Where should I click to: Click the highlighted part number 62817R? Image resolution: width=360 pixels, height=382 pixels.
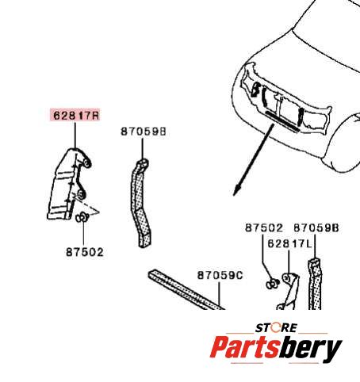(75, 115)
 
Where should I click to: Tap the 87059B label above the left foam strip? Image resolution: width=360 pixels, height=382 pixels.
(144, 132)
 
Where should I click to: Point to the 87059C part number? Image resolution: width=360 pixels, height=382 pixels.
(220, 275)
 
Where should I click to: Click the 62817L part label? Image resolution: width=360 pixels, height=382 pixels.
(289, 243)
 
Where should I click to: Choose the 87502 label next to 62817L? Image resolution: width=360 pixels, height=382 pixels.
(264, 227)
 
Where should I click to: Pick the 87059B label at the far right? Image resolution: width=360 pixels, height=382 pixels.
(316, 227)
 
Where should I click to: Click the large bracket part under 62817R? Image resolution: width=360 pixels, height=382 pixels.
(67, 185)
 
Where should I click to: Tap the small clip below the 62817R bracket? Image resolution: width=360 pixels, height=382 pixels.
(82, 218)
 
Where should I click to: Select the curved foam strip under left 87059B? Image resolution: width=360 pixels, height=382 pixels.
(140, 204)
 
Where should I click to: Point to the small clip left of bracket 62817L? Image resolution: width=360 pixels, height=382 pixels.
(272, 284)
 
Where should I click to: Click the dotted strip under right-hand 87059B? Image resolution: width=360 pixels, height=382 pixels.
(315, 284)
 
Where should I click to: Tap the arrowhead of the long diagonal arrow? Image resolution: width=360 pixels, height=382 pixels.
(236, 191)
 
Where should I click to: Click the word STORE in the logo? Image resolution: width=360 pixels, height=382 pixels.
(276, 328)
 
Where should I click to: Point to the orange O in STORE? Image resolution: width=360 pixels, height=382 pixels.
(275, 328)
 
